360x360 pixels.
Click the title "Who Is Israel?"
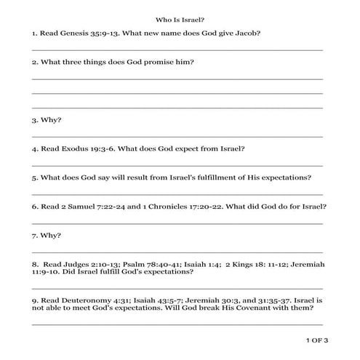pos(180,20)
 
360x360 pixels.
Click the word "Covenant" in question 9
pos(268,308)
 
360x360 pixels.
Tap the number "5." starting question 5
pos(35,177)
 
